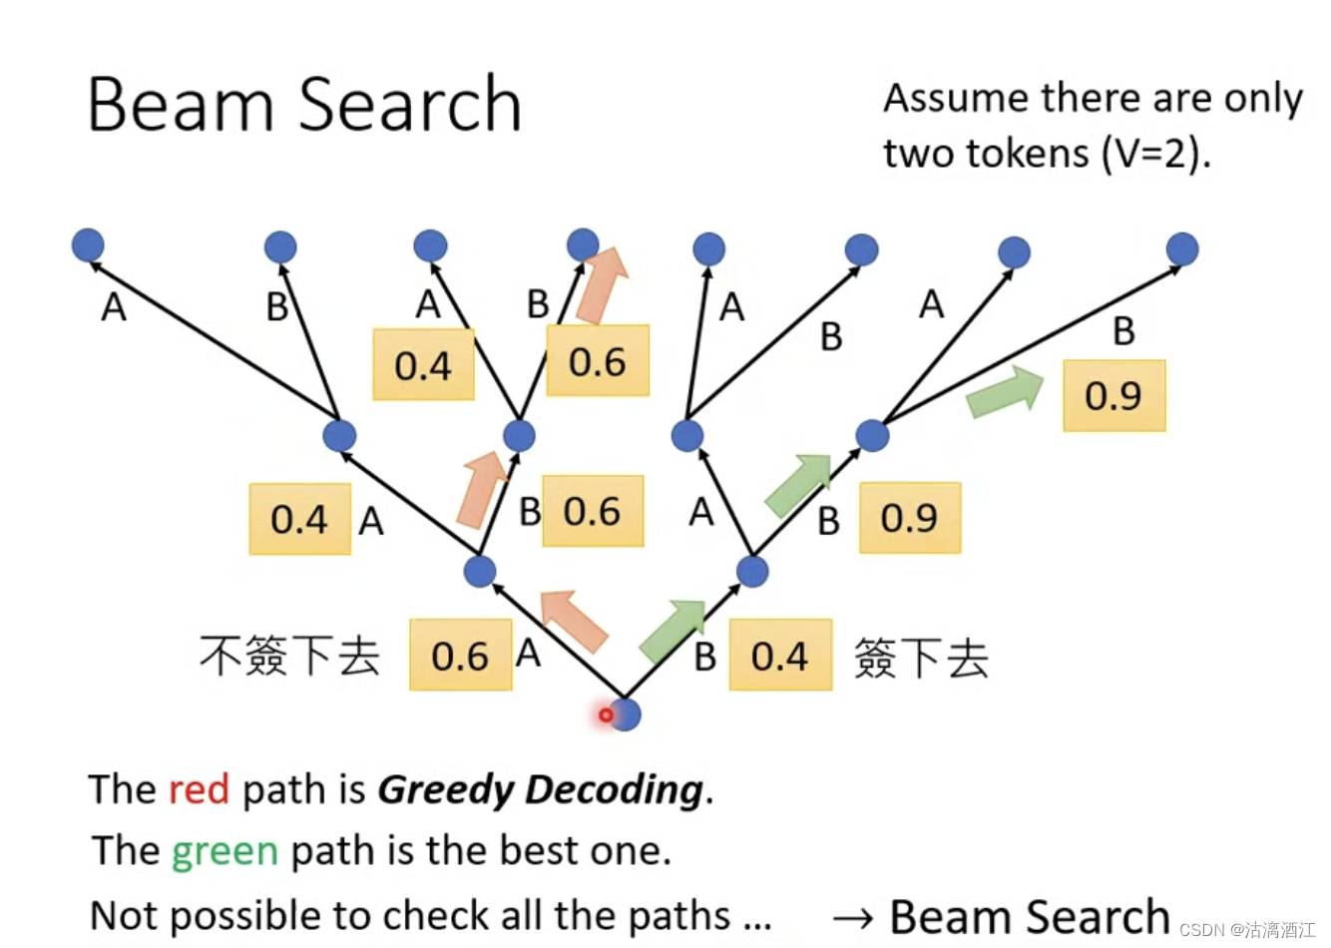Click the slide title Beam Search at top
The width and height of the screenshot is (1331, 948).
pyautogui.click(x=304, y=104)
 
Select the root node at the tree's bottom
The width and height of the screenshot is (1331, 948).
pyautogui.click(x=626, y=714)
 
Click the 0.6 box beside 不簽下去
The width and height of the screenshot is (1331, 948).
pyautogui.click(x=460, y=656)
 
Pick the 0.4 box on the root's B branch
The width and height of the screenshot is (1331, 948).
pyautogui.click(x=779, y=656)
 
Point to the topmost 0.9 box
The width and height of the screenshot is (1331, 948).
pyautogui.click(x=1113, y=396)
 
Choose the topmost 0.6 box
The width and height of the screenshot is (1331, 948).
pyautogui.click(x=598, y=361)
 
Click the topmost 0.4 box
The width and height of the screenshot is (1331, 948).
pyautogui.click(x=423, y=365)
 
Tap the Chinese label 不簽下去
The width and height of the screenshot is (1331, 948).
pyautogui.click(x=290, y=656)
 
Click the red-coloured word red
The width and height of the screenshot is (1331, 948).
pyautogui.click(x=199, y=789)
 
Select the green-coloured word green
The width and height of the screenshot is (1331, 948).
pyautogui.click(x=224, y=851)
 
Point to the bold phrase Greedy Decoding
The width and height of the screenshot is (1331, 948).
pyautogui.click(x=540, y=789)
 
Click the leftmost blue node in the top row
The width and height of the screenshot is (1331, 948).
pyautogui.click(x=88, y=245)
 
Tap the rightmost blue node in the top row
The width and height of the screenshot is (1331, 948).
pyautogui.click(x=1181, y=248)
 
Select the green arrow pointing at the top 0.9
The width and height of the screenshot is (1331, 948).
pyautogui.click(x=1005, y=391)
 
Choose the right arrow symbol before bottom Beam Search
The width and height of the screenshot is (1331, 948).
pyautogui.click(x=853, y=917)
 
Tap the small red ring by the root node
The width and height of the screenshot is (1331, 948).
pyautogui.click(x=606, y=714)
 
